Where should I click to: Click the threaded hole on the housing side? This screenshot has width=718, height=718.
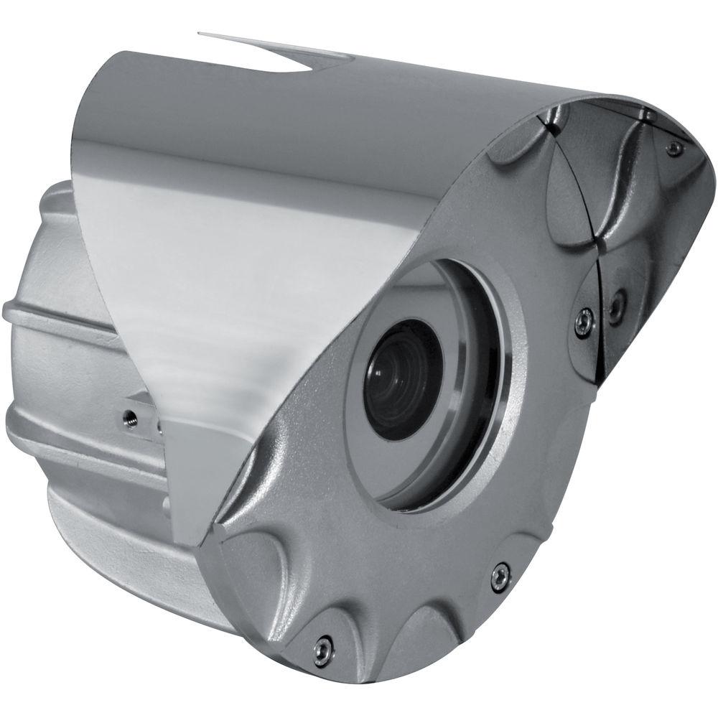(131, 414)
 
